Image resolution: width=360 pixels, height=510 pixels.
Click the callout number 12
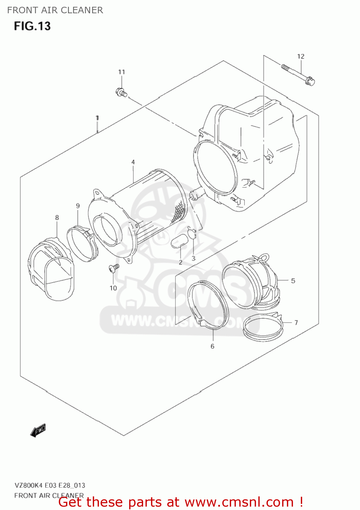pyautogui.click(x=301, y=56)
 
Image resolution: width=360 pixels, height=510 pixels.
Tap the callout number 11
pyautogui.click(x=121, y=72)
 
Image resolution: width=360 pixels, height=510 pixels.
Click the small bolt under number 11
pyautogui.click(x=121, y=92)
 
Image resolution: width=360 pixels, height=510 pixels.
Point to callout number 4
pyautogui.click(x=133, y=162)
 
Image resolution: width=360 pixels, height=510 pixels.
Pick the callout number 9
pyautogui.click(x=78, y=206)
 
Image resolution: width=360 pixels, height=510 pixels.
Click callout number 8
pyautogui.click(x=57, y=218)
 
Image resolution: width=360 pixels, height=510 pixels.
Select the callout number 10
pyautogui.click(x=113, y=288)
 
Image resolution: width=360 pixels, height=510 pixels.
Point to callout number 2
pyautogui.click(x=181, y=262)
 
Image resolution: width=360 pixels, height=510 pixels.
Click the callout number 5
pyautogui.click(x=293, y=281)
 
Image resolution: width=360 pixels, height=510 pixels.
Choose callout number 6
pyautogui.click(x=212, y=346)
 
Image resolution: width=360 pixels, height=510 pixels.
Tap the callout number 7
pyautogui.click(x=296, y=322)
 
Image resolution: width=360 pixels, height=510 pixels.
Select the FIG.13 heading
pyautogui.click(x=32, y=26)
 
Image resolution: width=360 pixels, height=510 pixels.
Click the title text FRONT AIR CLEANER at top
pyautogui.click(x=55, y=10)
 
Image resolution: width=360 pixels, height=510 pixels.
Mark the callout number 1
pyautogui.click(x=97, y=118)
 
